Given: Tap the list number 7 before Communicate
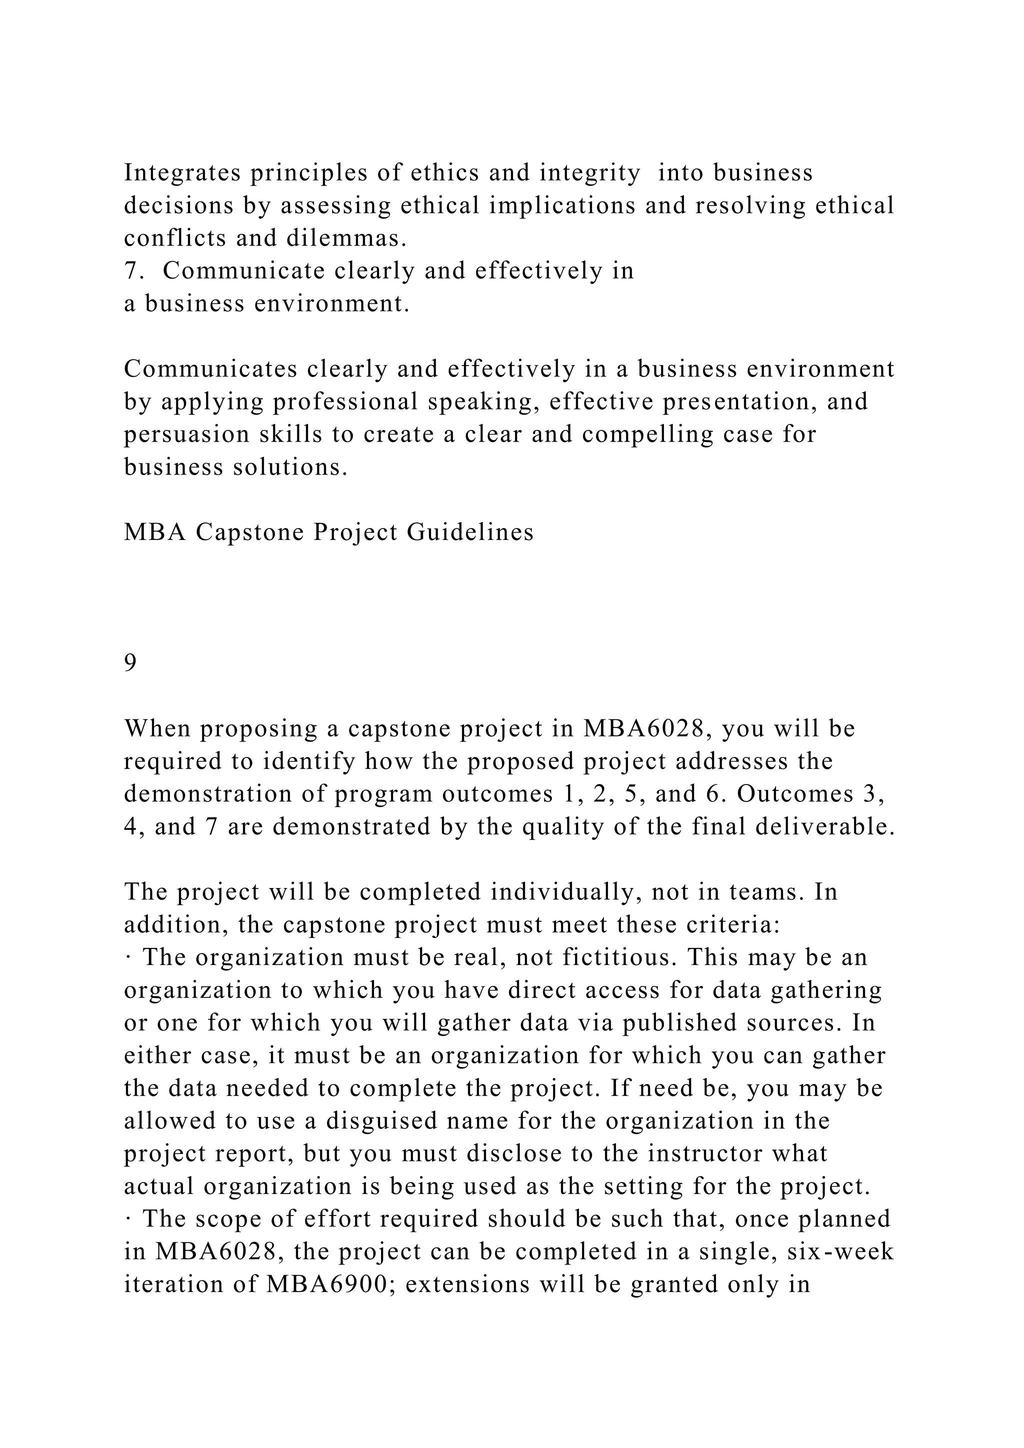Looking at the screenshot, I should coord(130,271).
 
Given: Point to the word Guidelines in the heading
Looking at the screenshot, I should coord(470,532).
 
